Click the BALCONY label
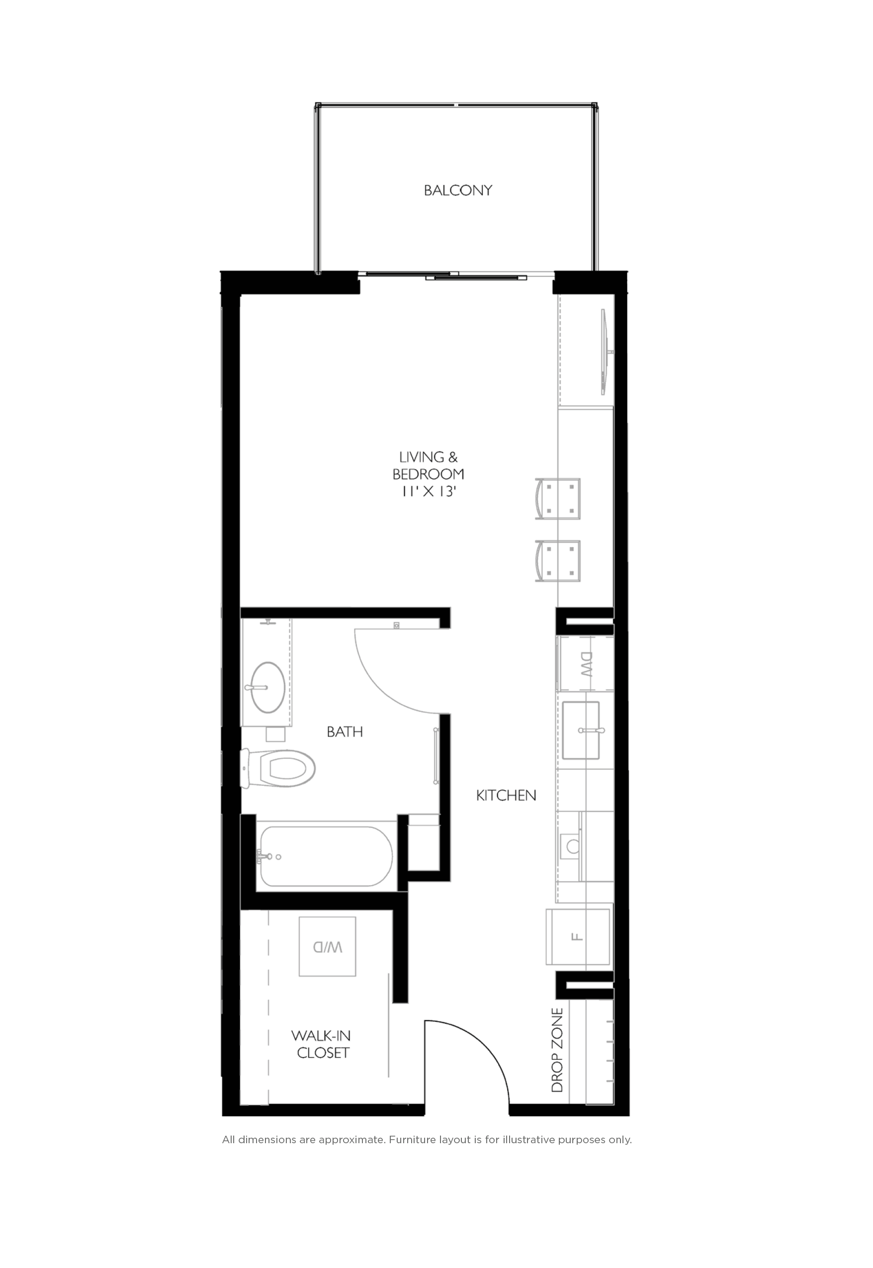coord(458,190)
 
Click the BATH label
coord(345,731)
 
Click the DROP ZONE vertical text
coord(557,1050)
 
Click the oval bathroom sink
coord(267,687)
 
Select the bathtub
coord(326,857)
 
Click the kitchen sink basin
coord(580,730)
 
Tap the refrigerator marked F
coord(578,937)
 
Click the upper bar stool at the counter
coord(558,499)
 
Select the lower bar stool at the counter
coord(558,561)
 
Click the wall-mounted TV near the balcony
coord(604,352)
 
